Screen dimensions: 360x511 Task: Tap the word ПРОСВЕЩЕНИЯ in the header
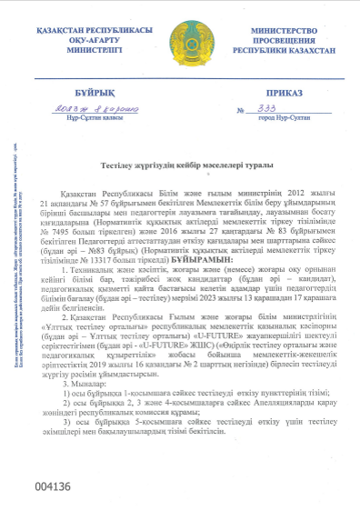[277, 41]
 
